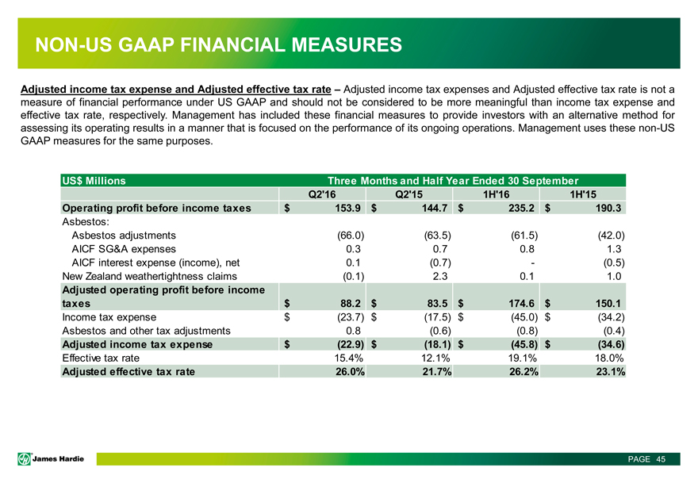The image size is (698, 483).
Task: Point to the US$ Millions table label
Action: [x=94, y=181]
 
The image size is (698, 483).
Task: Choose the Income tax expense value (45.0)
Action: [x=521, y=317]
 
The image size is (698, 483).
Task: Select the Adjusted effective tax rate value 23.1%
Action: [x=608, y=373]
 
